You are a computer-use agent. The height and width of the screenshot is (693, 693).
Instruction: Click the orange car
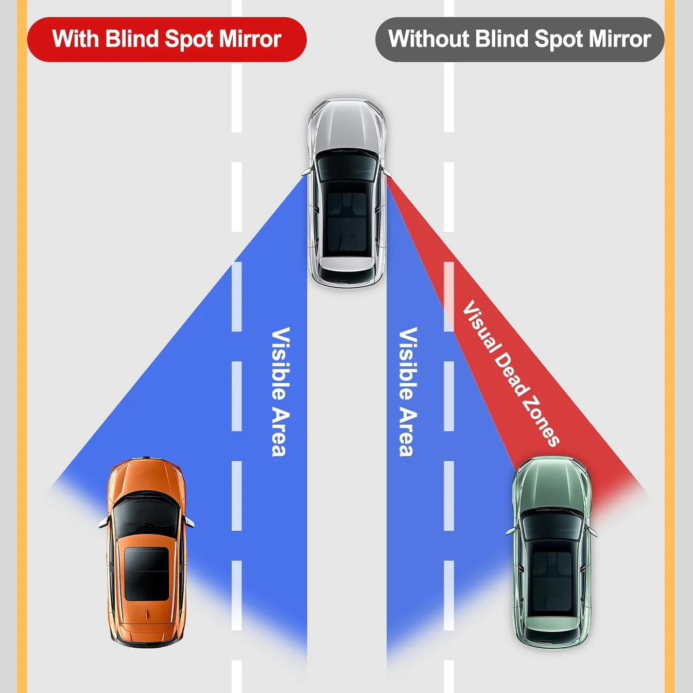pyautogui.click(x=147, y=551)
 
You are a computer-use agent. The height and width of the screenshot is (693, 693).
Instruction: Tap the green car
pyautogui.click(x=552, y=551)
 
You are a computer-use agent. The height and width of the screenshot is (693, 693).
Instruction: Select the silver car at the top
pyautogui.click(x=346, y=193)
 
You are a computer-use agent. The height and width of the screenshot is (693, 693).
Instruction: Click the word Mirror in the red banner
pyautogui.click(x=250, y=39)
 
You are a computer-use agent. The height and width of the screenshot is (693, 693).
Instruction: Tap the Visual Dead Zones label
pyautogui.click(x=510, y=373)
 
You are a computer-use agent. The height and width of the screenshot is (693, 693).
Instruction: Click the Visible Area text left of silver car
pyautogui.click(x=281, y=391)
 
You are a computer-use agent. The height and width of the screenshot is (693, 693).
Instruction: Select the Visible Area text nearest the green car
pyautogui.click(x=408, y=391)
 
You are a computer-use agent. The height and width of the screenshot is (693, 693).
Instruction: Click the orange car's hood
pyautogui.click(x=147, y=476)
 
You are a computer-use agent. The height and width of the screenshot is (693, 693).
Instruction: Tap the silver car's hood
pyautogui.click(x=346, y=124)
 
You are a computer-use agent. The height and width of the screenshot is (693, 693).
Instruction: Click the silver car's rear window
pyautogui.click(x=346, y=268)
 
